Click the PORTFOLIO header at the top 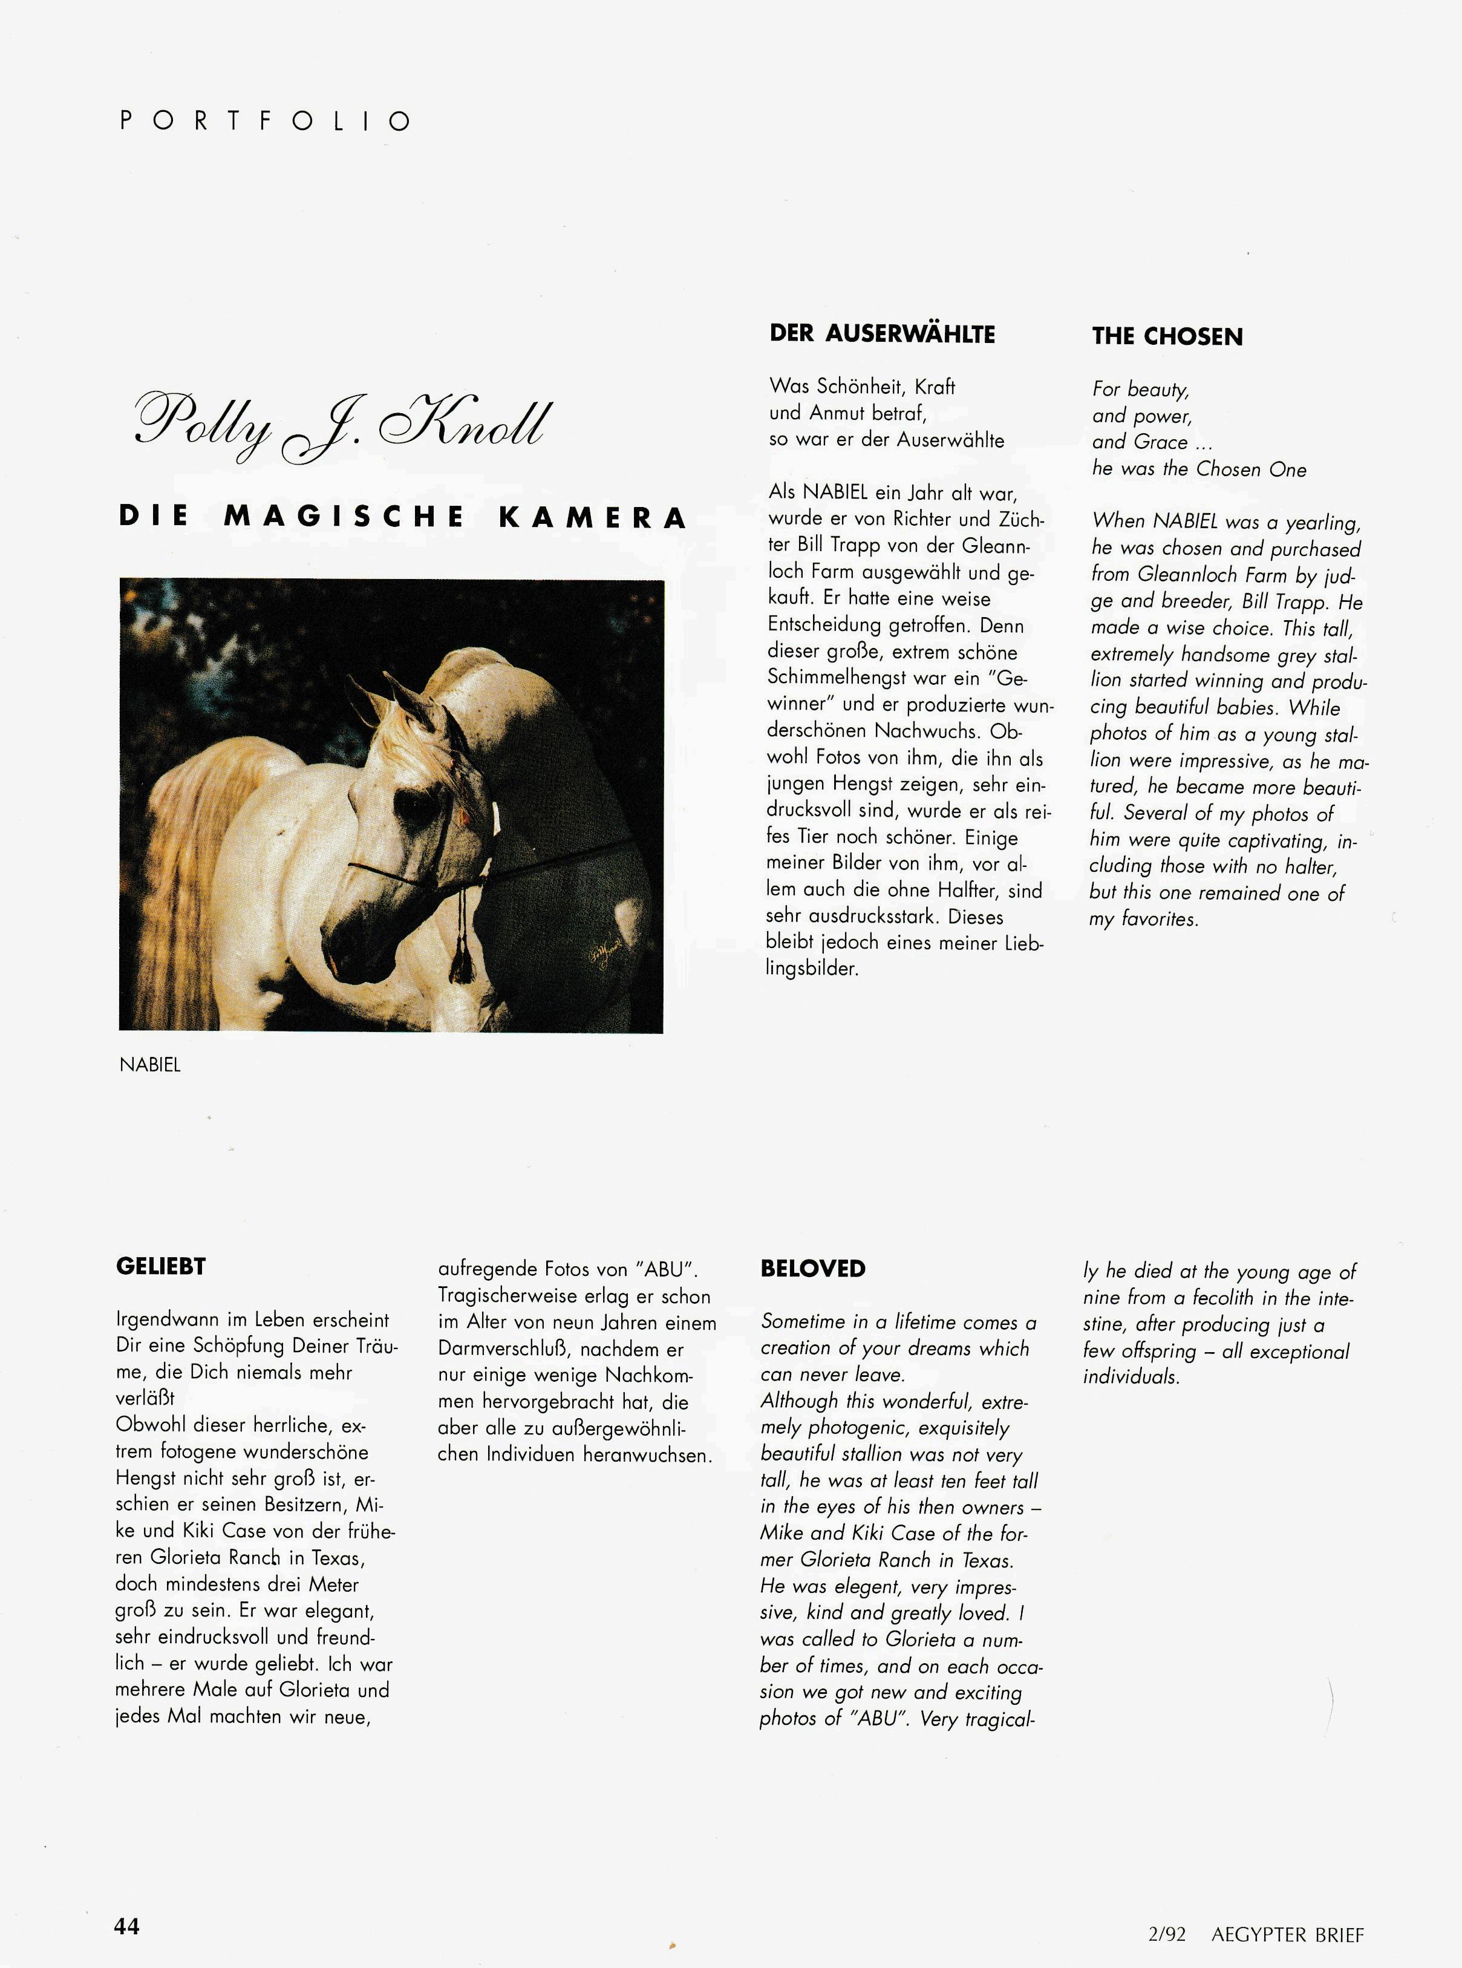click(x=264, y=120)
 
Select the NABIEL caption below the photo click(x=149, y=1065)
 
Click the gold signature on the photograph click(x=602, y=954)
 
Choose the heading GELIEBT click(x=160, y=1266)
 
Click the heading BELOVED click(x=812, y=1268)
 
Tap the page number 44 click(x=126, y=1926)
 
